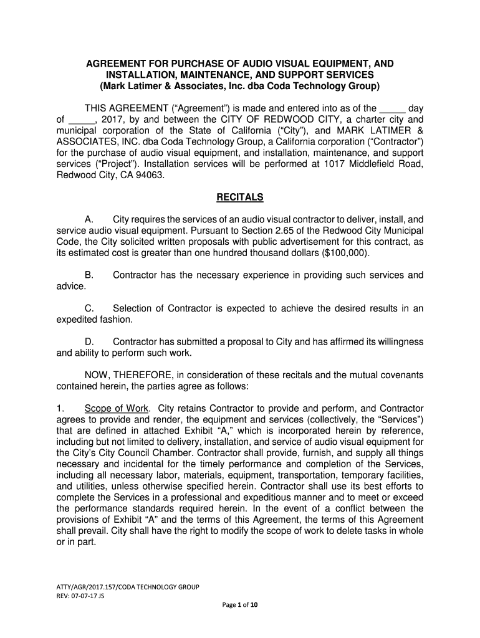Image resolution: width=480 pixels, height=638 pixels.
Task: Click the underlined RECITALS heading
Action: click(x=240, y=198)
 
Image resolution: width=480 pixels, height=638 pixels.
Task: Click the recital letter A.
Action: click(x=89, y=220)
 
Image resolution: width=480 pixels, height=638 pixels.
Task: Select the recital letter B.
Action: click(x=89, y=275)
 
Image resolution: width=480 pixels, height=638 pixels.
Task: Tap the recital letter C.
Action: click(x=89, y=308)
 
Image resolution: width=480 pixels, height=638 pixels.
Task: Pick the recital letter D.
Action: click(x=89, y=342)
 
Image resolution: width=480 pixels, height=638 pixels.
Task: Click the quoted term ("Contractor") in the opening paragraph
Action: click(x=390, y=141)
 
